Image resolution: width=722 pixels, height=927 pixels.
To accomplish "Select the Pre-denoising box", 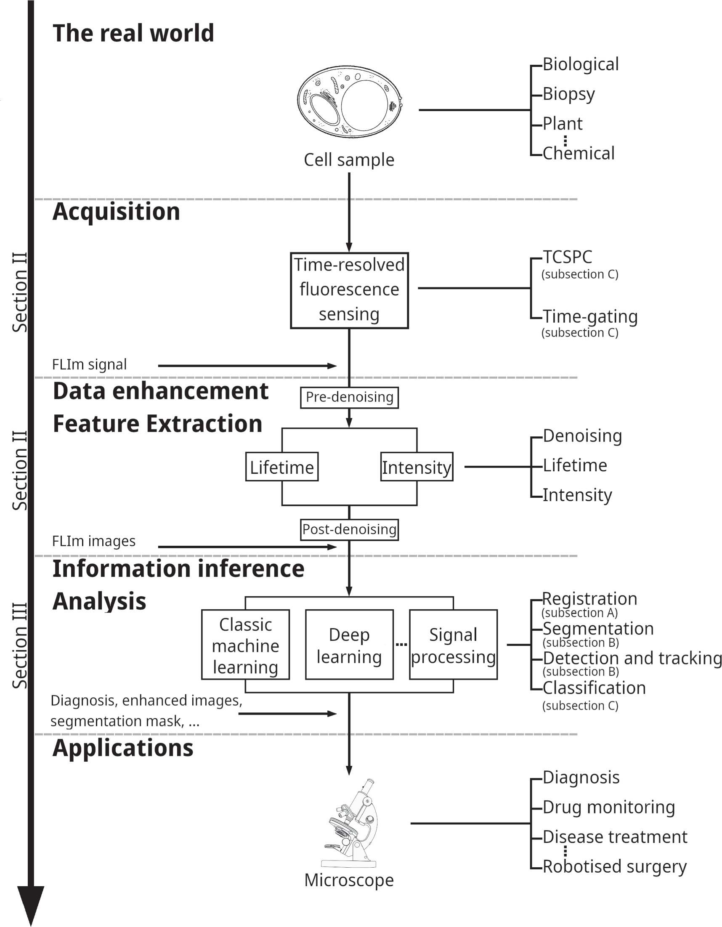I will [x=349, y=397].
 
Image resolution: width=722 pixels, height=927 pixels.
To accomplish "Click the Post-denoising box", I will [x=349, y=529].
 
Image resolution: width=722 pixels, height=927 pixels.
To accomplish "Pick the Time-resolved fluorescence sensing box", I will [x=349, y=290].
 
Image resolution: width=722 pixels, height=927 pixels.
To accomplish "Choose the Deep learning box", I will [x=349, y=645].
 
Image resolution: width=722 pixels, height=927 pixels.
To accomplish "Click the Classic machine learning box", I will [x=245, y=645].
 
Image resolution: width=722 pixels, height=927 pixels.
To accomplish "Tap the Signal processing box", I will [x=453, y=645].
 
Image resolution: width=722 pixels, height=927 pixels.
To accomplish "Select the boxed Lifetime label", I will [x=281, y=467].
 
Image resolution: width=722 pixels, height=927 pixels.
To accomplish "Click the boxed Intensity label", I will [x=417, y=467].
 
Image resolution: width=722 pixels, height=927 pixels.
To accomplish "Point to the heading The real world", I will [x=133, y=33].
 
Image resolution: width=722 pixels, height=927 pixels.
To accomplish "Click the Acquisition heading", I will [x=116, y=211].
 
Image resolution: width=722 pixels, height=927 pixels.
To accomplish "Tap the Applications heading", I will [x=123, y=748].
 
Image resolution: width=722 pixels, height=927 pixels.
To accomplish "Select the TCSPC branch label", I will [x=568, y=257].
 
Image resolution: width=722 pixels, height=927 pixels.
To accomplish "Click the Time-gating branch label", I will [x=590, y=316].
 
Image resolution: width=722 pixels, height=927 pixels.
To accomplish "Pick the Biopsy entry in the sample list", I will [x=568, y=94].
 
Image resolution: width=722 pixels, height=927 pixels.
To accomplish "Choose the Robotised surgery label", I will [x=614, y=866].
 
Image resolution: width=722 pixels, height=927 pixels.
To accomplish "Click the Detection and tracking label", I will [x=632, y=658].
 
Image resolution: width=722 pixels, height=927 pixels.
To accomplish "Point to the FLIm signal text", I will [x=89, y=364].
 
